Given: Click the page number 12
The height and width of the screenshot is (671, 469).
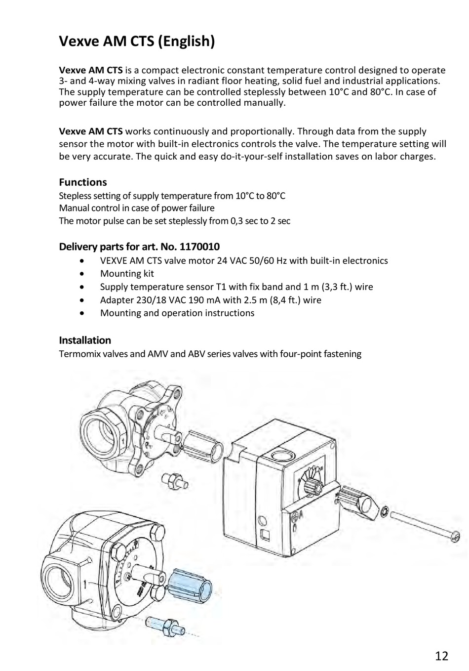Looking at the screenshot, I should [x=442, y=656].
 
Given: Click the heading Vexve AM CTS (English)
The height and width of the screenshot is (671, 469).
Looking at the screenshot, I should [x=137, y=41].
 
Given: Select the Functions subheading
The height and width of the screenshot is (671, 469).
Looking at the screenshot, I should [x=82, y=182].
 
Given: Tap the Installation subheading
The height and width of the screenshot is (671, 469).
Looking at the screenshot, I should [x=85, y=340].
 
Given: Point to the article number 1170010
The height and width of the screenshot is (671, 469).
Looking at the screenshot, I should [x=199, y=247].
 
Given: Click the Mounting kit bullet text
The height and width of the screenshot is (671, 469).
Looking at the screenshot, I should [x=127, y=273].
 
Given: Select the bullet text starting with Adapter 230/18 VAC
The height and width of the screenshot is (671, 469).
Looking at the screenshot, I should [x=210, y=300].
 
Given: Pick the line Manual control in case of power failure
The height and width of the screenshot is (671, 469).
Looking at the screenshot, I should [x=137, y=208].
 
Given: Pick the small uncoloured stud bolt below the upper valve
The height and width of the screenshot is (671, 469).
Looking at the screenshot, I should [x=172, y=479].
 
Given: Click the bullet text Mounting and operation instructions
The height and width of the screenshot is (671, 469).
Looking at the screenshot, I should [x=177, y=313].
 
